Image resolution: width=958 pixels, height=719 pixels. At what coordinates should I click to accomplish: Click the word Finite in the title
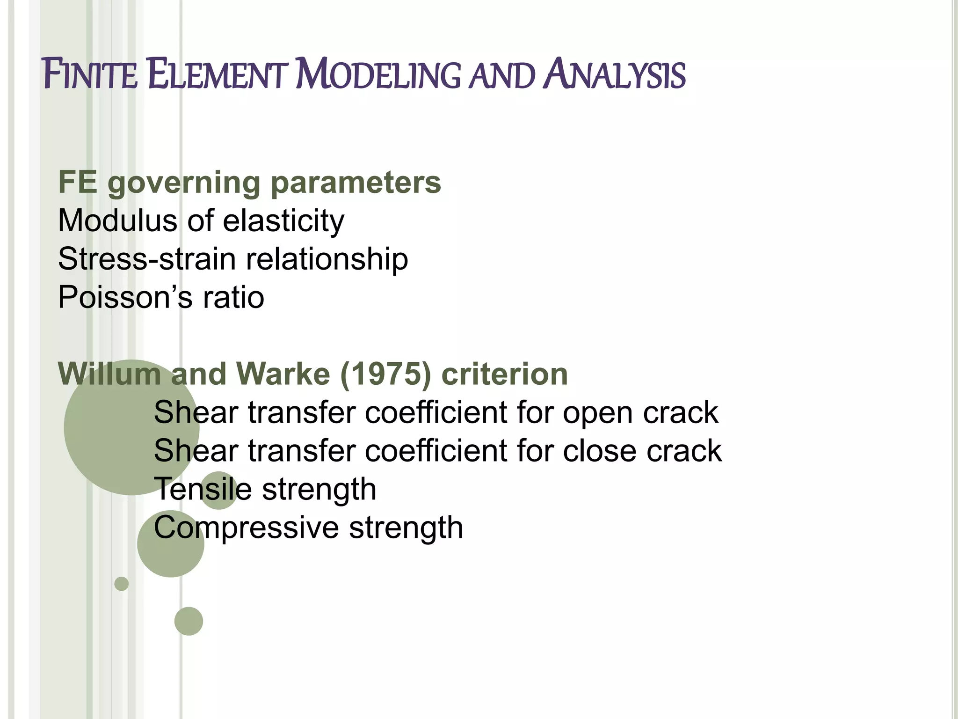point(90,75)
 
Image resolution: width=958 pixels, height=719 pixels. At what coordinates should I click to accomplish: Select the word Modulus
point(117,220)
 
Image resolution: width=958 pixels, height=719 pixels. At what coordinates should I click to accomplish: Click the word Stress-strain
point(147,259)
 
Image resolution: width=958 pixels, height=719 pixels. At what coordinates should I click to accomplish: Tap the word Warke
point(283,374)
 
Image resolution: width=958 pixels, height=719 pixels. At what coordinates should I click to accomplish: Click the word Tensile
point(203,489)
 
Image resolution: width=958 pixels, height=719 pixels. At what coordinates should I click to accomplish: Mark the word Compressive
point(246,528)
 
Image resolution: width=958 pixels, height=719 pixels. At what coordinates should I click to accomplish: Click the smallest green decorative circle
point(121,584)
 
